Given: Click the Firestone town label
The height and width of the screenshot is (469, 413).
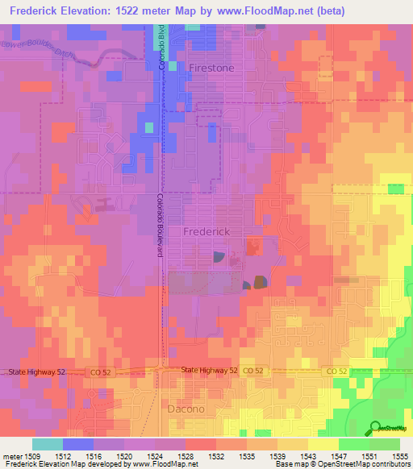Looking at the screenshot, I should (211, 68).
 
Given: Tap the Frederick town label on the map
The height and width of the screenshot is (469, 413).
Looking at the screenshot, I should (207, 231).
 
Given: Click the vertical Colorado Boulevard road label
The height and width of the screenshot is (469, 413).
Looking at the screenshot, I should (160, 226).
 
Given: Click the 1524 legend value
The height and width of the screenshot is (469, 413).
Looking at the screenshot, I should (154, 457).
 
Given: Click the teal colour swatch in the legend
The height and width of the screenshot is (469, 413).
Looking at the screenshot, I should (47, 444).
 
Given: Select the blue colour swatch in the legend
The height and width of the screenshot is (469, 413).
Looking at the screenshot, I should (77, 444).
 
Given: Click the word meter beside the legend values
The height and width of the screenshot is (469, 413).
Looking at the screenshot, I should (11, 457).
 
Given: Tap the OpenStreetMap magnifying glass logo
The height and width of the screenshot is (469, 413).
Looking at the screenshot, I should (374, 427).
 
